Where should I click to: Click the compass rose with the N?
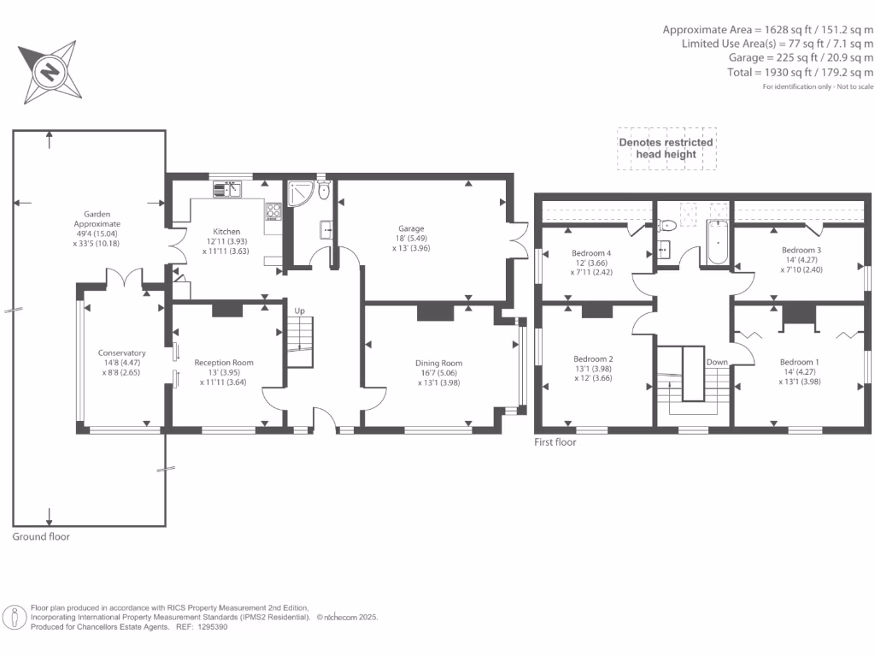(50, 71)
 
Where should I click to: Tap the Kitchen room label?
(226, 232)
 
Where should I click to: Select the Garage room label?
(411, 228)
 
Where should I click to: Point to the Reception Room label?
(224, 363)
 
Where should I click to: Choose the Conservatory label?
(122, 352)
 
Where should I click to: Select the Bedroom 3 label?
(801, 250)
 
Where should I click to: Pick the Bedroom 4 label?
(591, 253)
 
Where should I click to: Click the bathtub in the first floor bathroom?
(716, 242)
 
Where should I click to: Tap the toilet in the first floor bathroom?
(668, 226)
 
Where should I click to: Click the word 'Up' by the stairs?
(299, 311)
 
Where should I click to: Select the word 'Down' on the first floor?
(717, 362)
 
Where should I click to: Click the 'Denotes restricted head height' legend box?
(667, 149)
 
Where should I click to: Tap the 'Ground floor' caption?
(41, 537)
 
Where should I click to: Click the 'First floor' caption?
(555, 442)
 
